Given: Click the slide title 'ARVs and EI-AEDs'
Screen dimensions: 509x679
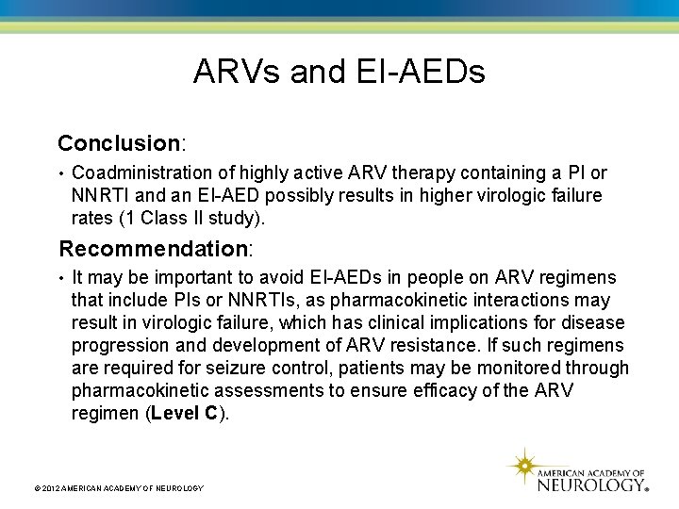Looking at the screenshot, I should tap(339, 72).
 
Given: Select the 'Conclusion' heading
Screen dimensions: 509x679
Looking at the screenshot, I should tap(119, 143).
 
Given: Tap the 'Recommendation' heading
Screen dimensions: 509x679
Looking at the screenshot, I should tap(153, 249).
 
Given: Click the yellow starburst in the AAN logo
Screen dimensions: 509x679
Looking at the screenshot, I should tap(522, 466).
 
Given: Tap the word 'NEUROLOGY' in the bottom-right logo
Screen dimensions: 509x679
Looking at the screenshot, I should tap(590, 484).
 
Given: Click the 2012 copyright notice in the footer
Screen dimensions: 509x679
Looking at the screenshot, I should tap(118, 487).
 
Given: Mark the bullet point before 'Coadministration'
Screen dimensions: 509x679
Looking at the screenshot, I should tap(61, 174).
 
